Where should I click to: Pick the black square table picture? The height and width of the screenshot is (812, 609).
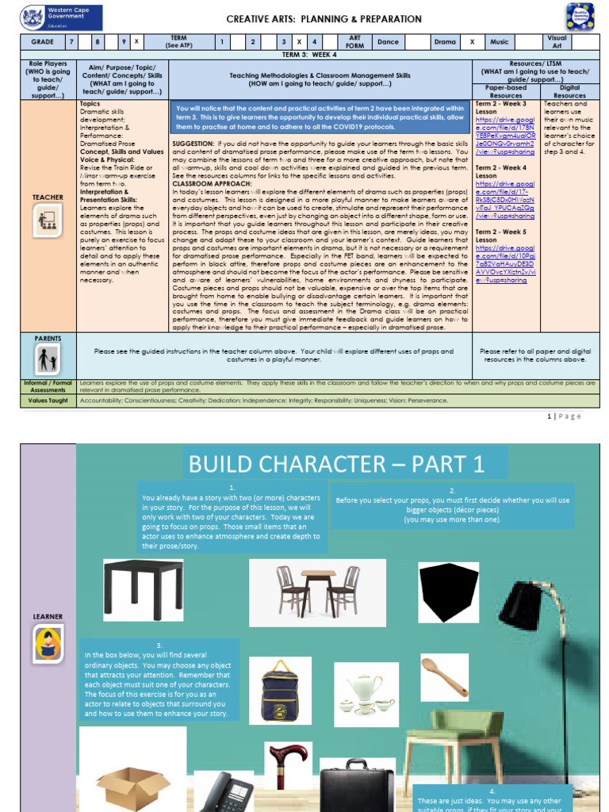point(143,589)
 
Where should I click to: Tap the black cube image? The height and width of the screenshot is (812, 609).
point(449,593)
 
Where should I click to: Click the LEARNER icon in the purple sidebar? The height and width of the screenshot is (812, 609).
point(48,644)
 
